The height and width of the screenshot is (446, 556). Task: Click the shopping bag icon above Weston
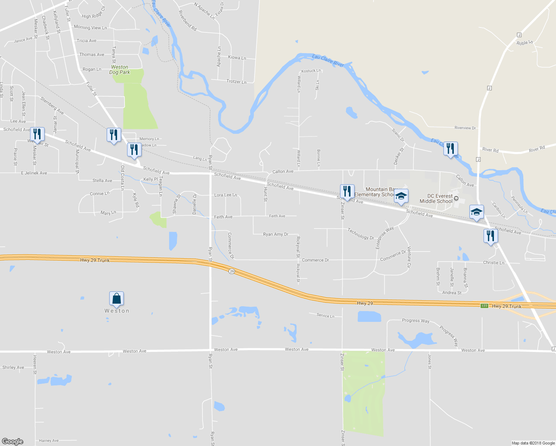pos(116,298)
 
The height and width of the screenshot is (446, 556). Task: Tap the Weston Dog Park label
pos(120,70)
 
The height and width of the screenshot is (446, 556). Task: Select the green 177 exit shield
pos(484,306)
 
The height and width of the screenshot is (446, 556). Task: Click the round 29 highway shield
pos(232,271)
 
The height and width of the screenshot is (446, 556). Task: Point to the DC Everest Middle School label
pos(436,198)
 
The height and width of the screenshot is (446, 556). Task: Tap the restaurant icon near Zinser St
pos(347,191)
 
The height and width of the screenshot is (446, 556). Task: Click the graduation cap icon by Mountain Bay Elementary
pos(401,196)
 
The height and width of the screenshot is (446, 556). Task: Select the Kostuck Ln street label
pos(311,71)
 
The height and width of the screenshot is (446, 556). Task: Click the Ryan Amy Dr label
pos(275,235)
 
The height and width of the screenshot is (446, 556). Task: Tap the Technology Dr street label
pos(361,234)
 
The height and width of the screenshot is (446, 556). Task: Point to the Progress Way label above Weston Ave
pos(416,320)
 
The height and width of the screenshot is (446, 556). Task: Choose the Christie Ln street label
pos(494,263)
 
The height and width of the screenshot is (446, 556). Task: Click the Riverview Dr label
pos(465,128)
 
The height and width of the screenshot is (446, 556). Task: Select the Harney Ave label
pos(49,441)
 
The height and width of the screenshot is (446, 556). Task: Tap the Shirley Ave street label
pos(13,368)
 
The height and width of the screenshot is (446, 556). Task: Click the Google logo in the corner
pos(12,442)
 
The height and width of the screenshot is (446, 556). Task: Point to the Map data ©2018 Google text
pos(533,443)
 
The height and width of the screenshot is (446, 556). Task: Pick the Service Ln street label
pos(325,316)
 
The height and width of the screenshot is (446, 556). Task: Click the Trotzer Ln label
pos(236,81)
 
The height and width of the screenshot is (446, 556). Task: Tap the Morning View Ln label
pos(90,28)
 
